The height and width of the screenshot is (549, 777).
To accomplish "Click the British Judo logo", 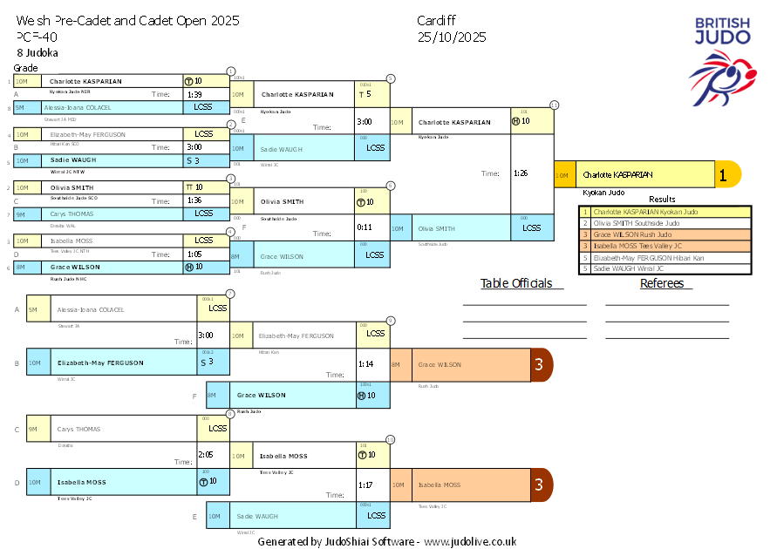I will click(x=721, y=61).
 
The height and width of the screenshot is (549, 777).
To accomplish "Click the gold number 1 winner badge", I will click(x=723, y=175).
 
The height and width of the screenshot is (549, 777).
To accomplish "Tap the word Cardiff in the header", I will click(x=436, y=20).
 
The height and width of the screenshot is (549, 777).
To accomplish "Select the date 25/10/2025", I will click(x=452, y=37).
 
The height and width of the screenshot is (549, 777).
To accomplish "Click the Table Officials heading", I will click(x=516, y=283).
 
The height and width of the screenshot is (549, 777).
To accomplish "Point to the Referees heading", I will click(x=666, y=283).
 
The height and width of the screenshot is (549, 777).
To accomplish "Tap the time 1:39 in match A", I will click(x=194, y=94).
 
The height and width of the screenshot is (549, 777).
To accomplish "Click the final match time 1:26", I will click(x=521, y=173).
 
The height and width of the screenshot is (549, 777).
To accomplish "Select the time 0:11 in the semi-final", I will click(x=364, y=227).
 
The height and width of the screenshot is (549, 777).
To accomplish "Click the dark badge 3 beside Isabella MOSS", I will click(x=539, y=484).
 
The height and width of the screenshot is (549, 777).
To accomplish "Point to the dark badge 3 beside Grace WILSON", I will click(x=539, y=364).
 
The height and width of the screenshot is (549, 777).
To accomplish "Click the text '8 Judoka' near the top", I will click(x=37, y=52).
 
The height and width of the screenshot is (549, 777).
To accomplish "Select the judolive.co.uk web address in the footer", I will click(x=470, y=542).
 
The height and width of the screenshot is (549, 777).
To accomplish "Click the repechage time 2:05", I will click(x=206, y=454).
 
